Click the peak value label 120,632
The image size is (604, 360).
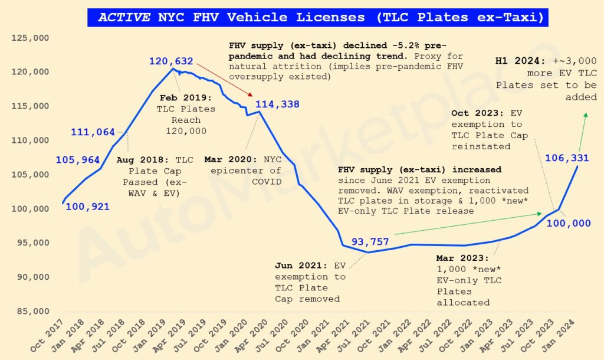171,61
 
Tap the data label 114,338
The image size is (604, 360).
277,104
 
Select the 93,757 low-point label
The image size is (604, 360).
370,241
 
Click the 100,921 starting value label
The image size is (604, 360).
87,207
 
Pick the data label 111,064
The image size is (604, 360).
93,132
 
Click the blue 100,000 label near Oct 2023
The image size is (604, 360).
569,222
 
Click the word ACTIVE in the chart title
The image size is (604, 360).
124,17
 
